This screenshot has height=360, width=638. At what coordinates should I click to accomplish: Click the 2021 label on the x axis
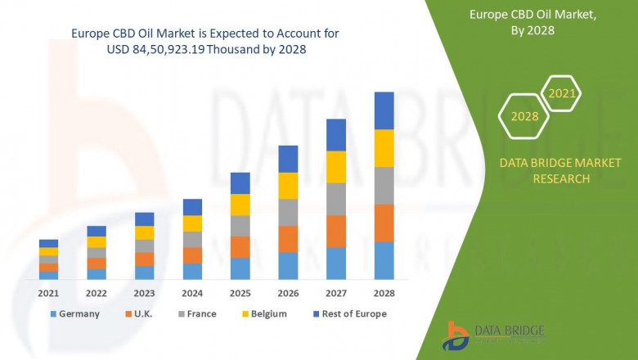pyautogui.click(x=48, y=293)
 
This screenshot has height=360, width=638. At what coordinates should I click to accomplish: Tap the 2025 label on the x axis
pyautogui.click(x=240, y=293)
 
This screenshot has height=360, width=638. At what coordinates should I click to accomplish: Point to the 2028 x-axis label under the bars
pyautogui.click(x=384, y=293)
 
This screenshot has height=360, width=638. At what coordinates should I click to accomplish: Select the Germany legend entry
pyautogui.click(x=75, y=313)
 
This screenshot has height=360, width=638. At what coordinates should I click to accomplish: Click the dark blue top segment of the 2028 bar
pyautogui.click(x=384, y=110)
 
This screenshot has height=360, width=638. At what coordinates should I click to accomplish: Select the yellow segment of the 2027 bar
pyautogui.click(x=336, y=167)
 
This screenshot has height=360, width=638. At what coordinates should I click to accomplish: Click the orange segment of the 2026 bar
pyautogui.click(x=288, y=239)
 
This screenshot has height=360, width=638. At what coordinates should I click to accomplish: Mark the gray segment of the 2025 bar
pyautogui.click(x=240, y=226)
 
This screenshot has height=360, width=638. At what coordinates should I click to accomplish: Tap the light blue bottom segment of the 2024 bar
pyautogui.click(x=192, y=272)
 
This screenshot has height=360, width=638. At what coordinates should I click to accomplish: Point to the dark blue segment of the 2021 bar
pyautogui.click(x=48, y=243)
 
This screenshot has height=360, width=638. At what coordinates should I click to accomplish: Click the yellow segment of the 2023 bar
pyautogui.click(x=144, y=232)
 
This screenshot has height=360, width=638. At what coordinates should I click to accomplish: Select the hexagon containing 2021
pyautogui.click(x=561, y=94)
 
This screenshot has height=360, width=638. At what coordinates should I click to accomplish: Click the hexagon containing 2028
pyautogui.click(x=524, y=116)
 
